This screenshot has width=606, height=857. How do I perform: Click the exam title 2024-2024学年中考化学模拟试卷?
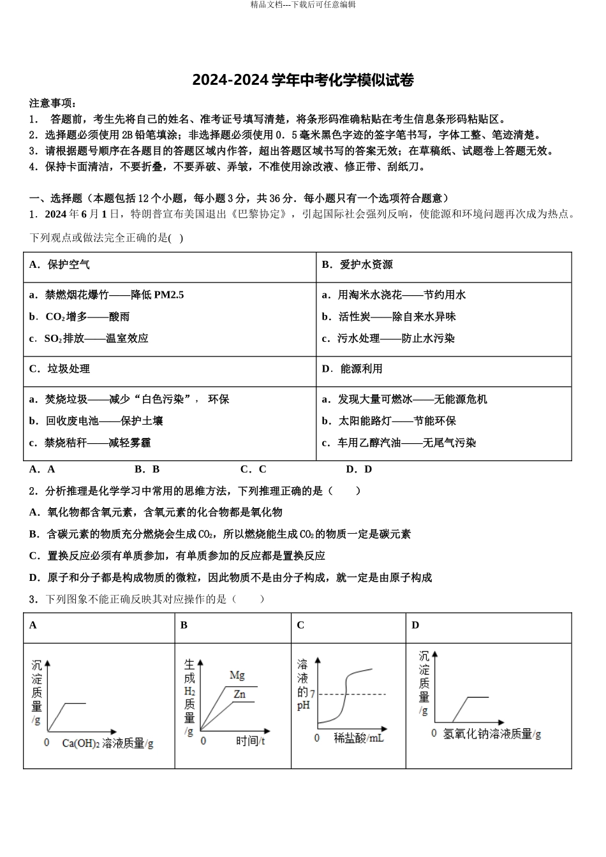tap(303, 80)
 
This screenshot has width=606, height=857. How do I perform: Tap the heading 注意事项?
tap(53, 103)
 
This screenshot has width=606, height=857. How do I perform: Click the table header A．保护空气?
tap(59, 265)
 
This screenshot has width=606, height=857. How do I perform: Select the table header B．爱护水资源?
tap(357, 265)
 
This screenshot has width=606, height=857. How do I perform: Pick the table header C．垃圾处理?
tap(59, 369)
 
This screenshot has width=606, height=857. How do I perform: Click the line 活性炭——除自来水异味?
tap(389, 316)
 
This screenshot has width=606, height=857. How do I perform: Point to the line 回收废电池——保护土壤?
tap(96, 421)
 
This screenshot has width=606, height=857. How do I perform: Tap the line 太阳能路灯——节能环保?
tap(389, 421)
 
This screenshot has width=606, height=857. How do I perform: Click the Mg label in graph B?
tap(237, 675)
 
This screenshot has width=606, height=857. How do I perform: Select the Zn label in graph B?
tap(239, 694)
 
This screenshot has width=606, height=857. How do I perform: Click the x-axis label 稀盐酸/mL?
tap(358, 738)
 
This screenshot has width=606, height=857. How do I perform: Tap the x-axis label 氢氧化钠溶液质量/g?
tap(492, 734)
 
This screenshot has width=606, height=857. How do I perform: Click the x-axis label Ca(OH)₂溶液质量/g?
tap(108, 743)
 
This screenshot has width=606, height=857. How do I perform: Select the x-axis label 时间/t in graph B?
tap(251, 741)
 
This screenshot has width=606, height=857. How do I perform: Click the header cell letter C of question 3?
tap(300, 625)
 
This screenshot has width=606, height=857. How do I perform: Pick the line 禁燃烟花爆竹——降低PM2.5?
tap(107, 295)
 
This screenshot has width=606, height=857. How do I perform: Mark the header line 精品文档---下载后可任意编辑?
tap(303, 4)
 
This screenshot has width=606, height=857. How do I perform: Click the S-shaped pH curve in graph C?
tap(345, 695)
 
